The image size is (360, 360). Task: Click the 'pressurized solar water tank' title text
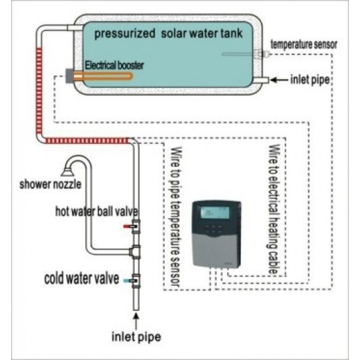[168, 34]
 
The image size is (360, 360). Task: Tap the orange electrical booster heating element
[103, 76]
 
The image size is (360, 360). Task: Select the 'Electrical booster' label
[114, 65]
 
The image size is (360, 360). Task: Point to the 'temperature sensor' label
[304, 45]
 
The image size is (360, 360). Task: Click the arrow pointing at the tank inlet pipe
[279, 80]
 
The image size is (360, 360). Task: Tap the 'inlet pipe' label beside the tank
[310, 80]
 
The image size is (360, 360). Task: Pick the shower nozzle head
[67, 171]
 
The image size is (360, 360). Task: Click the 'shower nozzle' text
[50, 185]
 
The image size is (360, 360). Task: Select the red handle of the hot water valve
[127, 226]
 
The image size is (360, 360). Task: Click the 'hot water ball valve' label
[97, 211]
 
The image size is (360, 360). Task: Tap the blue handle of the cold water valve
[127, 281]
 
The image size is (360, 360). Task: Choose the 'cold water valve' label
[82, 278]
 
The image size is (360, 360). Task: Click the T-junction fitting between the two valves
[135, 252]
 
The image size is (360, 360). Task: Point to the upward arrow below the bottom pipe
[136, 322]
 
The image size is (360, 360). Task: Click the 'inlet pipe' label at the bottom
[136, 337]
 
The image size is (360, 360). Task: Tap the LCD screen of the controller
[215, 213]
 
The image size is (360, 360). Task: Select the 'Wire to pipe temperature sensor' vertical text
[176, 217]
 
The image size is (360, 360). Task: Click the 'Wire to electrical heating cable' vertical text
[274, 209]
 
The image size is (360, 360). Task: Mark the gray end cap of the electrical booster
[69, 75]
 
